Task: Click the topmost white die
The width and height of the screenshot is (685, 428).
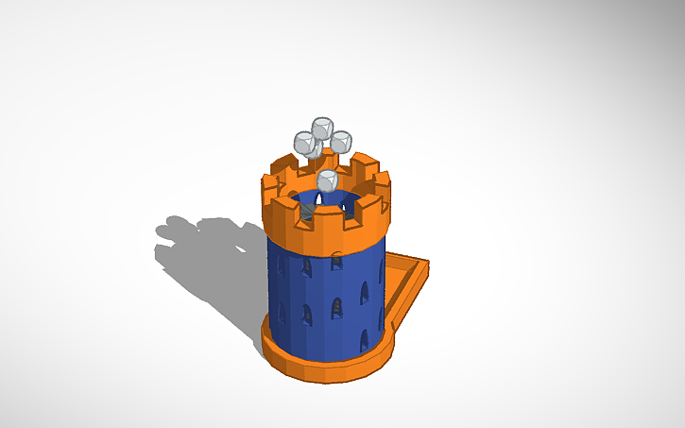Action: [322, 128]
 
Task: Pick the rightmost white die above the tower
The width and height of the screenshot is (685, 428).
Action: [340, 142]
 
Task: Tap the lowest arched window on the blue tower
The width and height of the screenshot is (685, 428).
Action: [364, 338]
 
